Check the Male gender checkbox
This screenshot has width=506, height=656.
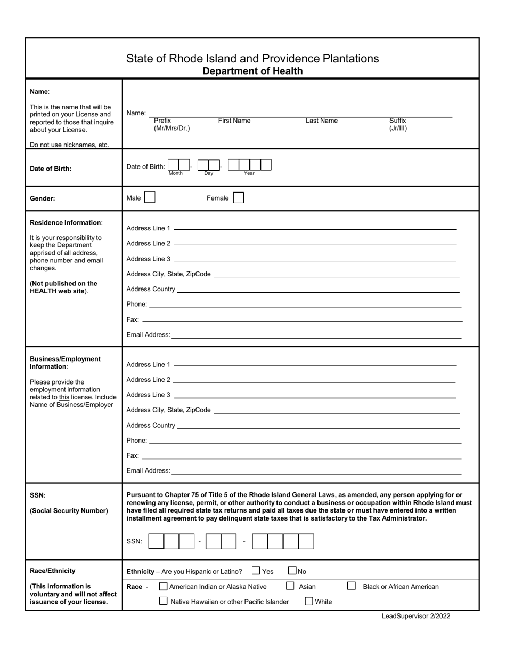[x=150, y=198]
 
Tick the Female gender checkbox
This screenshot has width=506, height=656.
[x=239, y=198]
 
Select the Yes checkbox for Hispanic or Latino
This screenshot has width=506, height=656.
[x=256, y=571]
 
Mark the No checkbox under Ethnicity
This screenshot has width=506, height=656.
[x=292, y=571]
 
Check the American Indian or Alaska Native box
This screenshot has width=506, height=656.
[x=164, y=586]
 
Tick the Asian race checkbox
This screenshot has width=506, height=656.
[x=290, y=586]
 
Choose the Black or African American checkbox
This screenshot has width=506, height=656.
[x=352, y=586]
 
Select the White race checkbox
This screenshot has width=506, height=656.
[x=309, y=601]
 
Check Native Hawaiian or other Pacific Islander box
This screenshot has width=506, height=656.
[x=164, y=601]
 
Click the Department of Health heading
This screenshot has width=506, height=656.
[x=252, y=71]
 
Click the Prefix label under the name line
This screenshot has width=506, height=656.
[x=162, y=121]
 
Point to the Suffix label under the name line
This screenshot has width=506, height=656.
[x=397, y=121]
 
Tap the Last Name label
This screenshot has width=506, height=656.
[x=321, y=121]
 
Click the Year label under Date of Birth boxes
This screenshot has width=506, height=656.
[x=249, y=173]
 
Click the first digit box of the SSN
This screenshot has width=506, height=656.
[x=156, y=541]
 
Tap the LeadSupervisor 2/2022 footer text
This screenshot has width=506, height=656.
[x=415, y=616]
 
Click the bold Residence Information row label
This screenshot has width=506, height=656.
[x=66, y=222]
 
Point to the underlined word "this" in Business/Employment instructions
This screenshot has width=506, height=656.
[x=64, y=397]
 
